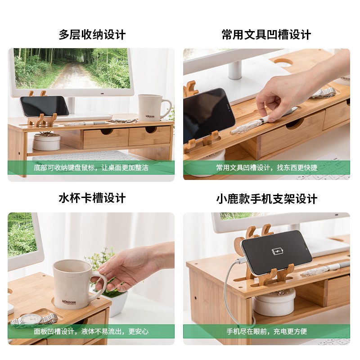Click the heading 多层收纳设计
coord(92,35)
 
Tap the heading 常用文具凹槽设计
coord(266,35)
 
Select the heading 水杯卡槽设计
coord(92,198)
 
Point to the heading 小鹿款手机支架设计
coord(266,199)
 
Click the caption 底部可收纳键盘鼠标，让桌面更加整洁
coord(91,167)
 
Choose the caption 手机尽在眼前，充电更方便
coord(266,331)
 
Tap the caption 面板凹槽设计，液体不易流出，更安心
coord(91,331)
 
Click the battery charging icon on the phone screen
coord(277,252)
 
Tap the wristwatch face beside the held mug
coord(31,319)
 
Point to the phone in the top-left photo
coord(44,106)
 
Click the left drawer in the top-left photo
coord(106,139)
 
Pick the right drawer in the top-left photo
coord(150,136)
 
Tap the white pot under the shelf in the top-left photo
coord(46,142)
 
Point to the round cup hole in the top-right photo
coord(283,62)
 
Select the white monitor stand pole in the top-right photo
coord(234,70)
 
